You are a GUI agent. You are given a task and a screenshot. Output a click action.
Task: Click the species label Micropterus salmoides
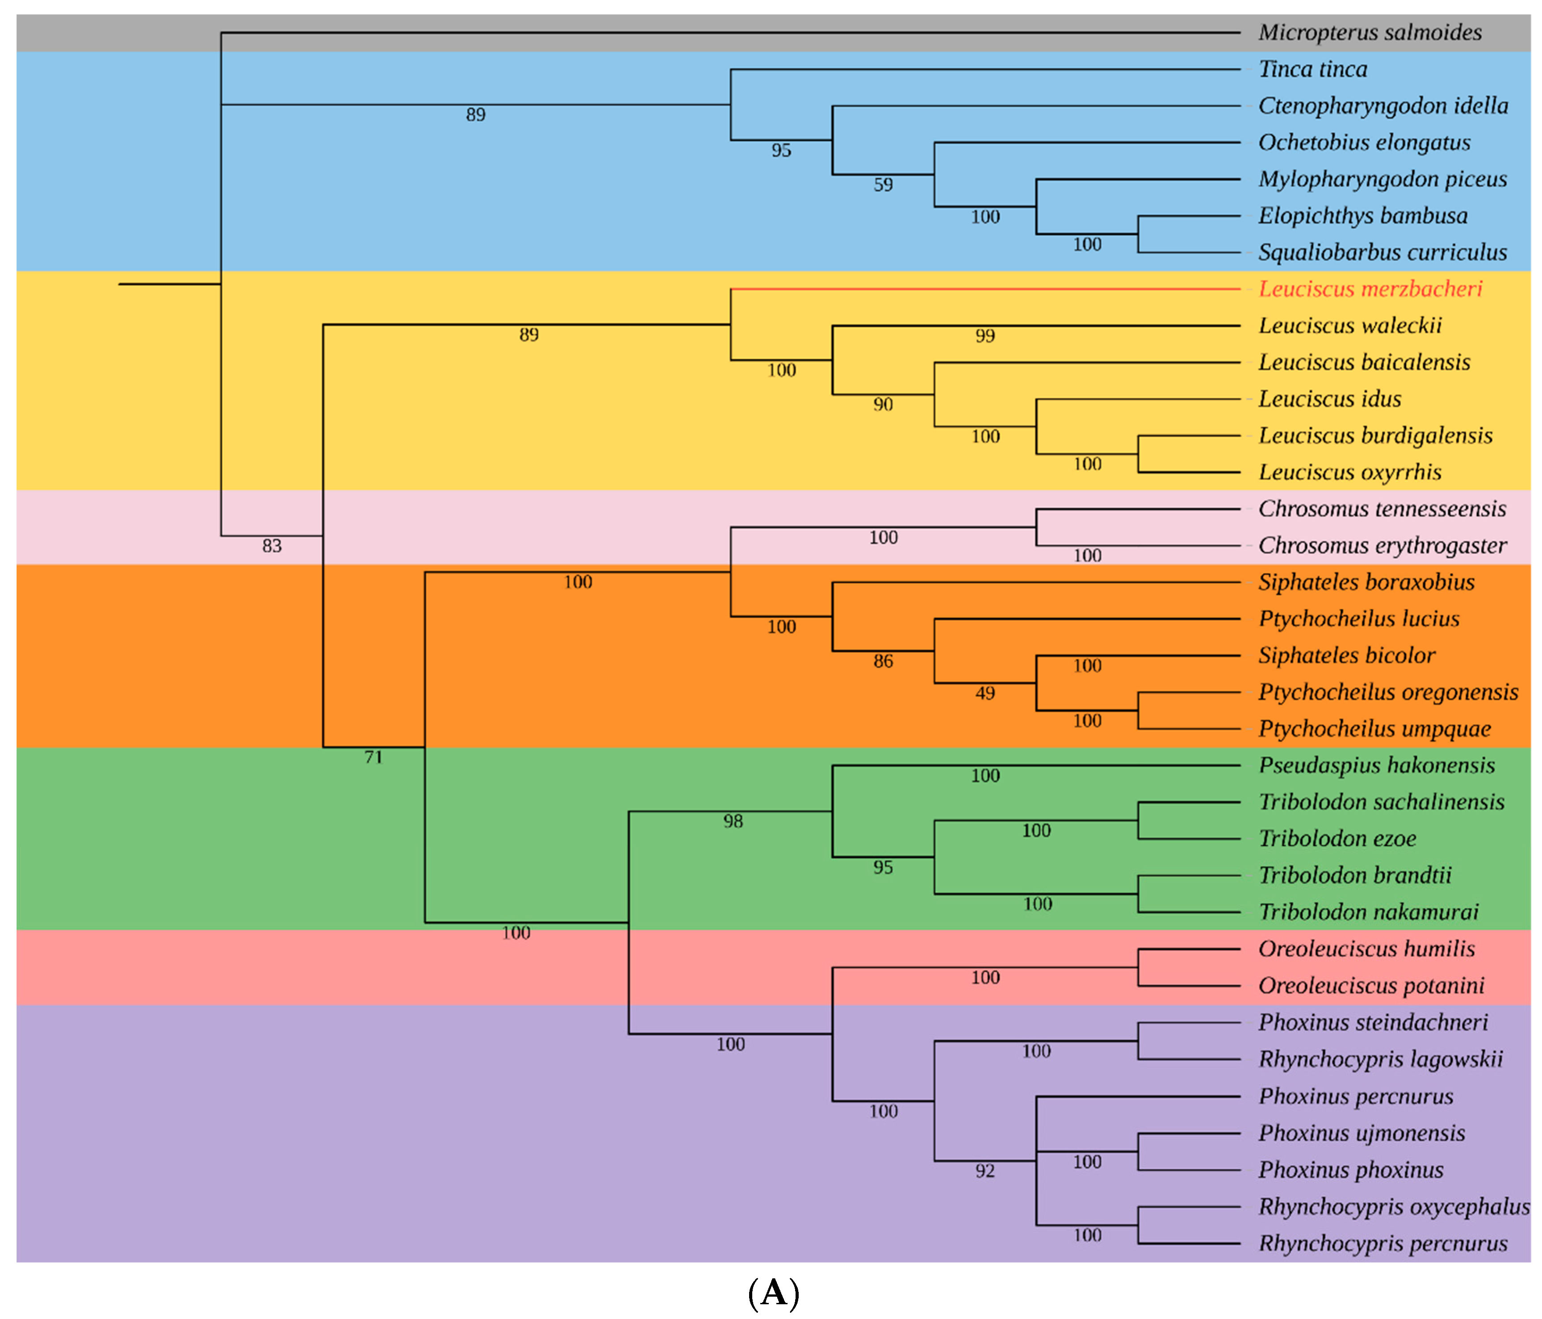pyautogui.click(x=1369, y=33)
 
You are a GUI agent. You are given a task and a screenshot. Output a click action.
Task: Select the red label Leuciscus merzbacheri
pyautogui.click(x=1369, y=289)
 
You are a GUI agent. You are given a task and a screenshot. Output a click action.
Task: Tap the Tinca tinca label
pyautogui.click(x=1312, y=69)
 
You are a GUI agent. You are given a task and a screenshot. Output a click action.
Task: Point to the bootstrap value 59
pyautogui.click(x=883, y=185)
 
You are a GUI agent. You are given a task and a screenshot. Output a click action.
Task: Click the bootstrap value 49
pyautogui.click(x=985, y=693)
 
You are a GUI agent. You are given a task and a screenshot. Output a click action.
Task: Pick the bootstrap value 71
pyautogui.click(x=373, y=757)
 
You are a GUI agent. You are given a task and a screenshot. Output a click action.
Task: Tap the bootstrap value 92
pyautogui.click(x=985, y=1171)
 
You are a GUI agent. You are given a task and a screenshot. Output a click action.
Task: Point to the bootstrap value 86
pyautogui.click(x=883, y=661)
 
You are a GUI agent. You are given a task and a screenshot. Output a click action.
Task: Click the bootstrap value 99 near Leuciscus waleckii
pyautogui.click(x=985, y=336)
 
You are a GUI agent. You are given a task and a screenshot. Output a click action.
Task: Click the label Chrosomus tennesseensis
pyautogui.click(x=1381, y=509)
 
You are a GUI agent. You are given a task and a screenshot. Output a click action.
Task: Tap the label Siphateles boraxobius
pyautogui.click(x=1366, y=582)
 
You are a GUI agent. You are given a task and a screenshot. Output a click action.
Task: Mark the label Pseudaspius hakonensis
pyautogui.click(x=1376, y=765)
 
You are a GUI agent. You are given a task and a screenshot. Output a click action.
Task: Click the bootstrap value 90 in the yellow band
pyautogui.click(x=883, y=404)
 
